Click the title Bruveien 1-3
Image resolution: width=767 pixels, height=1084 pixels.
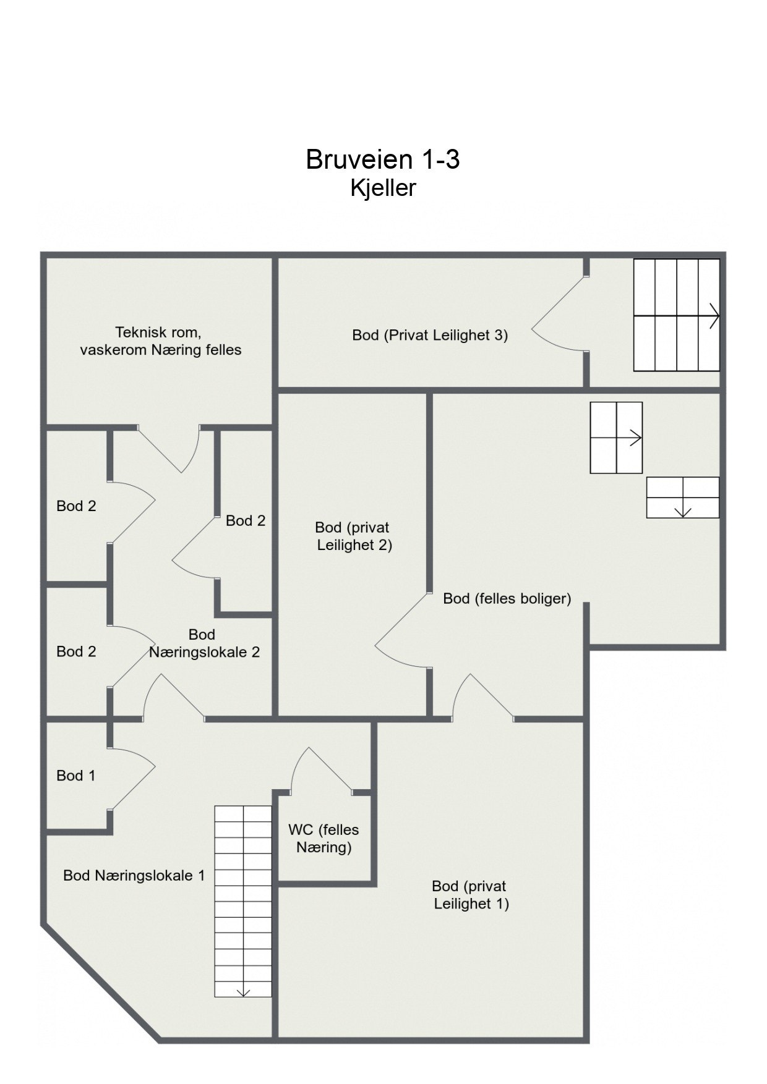pyautogui.click(x=382, y=159)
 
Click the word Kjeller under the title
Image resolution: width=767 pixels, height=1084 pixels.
pyautogui.click(x=383, y=188)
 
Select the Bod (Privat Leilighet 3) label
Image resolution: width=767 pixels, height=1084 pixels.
pyautogui.click(x=430, y=335)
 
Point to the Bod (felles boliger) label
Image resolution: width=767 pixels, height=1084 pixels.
pyautogui.click(x=507, y=598)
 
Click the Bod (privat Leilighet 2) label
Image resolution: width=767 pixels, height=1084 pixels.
pyautogui.click(x=354, y=536)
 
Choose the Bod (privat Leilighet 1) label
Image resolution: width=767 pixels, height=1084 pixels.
pyautogui.click(x=470, y=894)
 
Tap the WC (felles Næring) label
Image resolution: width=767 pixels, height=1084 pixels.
pyautogui.click(x=324, y=838)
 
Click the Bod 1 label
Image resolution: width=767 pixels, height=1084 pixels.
pyautogui.click(x=75, y=775)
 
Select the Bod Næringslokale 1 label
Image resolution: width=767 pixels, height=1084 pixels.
pyautogui.click(x=134, y=875)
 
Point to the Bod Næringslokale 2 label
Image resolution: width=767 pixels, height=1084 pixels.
pyautogui.click(x=204, y=643)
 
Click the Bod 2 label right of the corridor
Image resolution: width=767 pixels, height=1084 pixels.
pyautogui.click(x=246, y=520)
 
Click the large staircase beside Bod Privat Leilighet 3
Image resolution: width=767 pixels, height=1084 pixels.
pyautogui.click(x=676, y=315)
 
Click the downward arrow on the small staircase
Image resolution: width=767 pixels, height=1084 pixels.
pyautogui.click(x=683, y=510)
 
